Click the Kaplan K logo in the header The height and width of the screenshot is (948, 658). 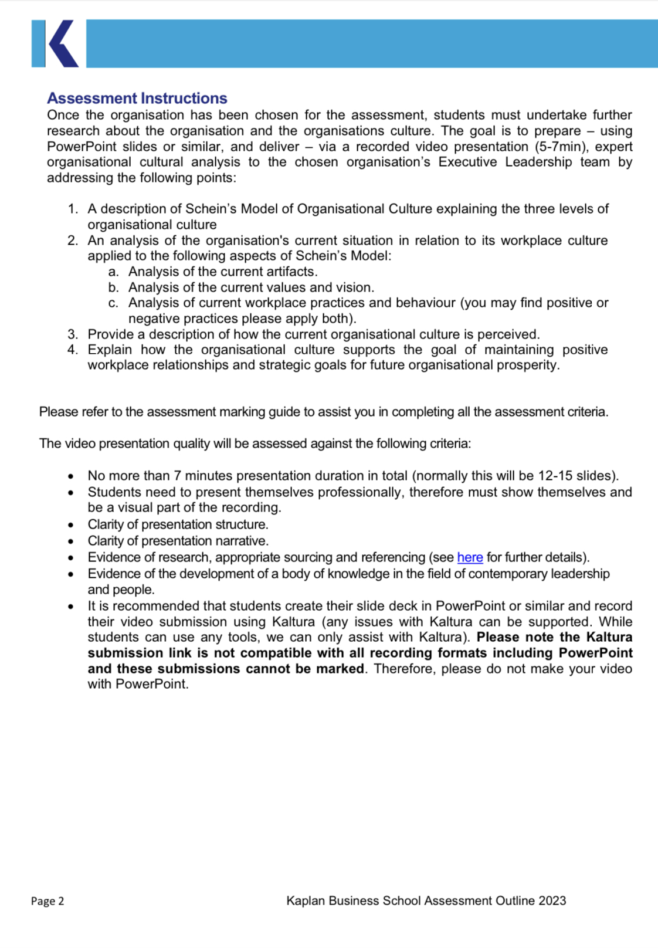point(55,43)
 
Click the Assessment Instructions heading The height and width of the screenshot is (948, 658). point(137,98)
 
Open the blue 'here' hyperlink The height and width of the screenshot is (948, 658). point(470,557)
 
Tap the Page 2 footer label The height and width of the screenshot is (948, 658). point(48,901)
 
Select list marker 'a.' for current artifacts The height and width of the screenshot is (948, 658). point(114,272)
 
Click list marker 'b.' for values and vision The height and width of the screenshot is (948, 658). point(114,287)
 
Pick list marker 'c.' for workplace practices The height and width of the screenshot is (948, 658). point(114,303)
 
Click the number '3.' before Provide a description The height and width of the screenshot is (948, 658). point(73,334)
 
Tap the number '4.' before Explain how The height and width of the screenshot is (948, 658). point(73,350)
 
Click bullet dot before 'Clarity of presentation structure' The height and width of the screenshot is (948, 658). point(71,525)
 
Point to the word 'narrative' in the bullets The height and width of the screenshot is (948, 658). point(242,541)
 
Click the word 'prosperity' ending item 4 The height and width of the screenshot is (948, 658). point(529,365)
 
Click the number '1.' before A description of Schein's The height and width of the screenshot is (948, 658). point(73,209)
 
